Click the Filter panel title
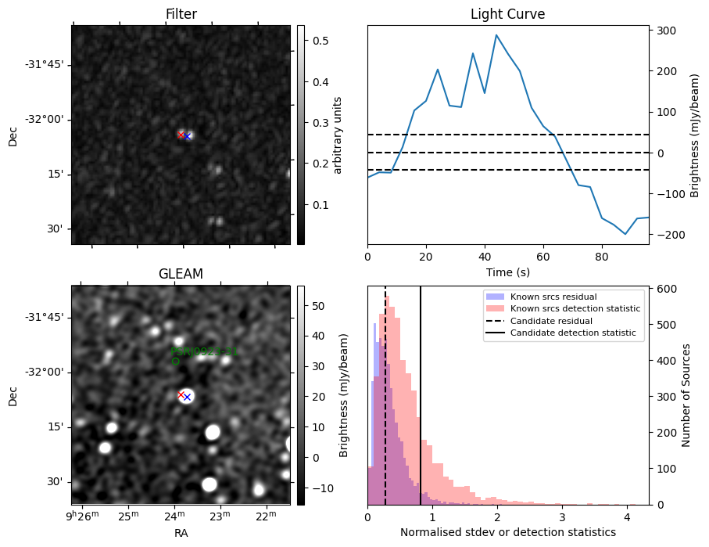pos(181,14)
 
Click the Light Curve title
pos(507,14)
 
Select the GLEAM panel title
pos(181,274)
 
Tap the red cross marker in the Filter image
pos(181,135)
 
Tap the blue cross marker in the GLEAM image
pos(187,397)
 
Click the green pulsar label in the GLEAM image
pos(204,352)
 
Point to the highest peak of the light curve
pos(496,35)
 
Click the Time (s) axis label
pos(507,271)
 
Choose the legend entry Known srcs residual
pos(552,297)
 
